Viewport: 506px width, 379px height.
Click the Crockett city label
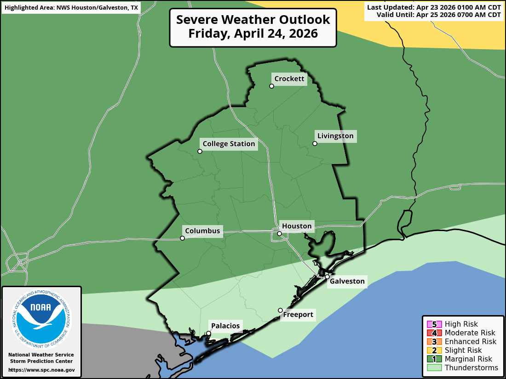click(x=289, y=79)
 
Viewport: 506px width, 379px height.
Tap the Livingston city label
click(x=335, y=136)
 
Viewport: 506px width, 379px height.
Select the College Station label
click(x=229, y=144)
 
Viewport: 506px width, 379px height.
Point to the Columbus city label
click(x=202, y=231)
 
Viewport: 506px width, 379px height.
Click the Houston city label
click(x=297, y=226)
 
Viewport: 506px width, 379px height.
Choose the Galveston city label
click(x=347, y=281)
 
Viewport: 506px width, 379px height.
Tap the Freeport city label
click(x=298, y=315)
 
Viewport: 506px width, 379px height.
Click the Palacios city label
click(x=225, y=326)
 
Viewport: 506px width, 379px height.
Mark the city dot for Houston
click(x=279, y=234)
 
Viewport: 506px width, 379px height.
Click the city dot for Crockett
click(x=272, y=86)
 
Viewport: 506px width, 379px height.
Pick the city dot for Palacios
click(x=208, y=334)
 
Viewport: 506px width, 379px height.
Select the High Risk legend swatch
click(x=434, y=324)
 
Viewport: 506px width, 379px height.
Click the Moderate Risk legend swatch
click(x=434, y=333)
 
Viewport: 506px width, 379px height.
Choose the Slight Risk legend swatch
click(x=434, y=351)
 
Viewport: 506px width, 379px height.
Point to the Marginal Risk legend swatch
click(x=434, y=359)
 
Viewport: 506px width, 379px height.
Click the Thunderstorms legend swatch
click(x=434, y=368)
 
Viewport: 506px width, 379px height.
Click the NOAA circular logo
click(x=41, y=318)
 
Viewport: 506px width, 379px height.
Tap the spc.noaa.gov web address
click(x=41, y=370)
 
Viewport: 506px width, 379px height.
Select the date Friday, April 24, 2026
click(x=253, y=34)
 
